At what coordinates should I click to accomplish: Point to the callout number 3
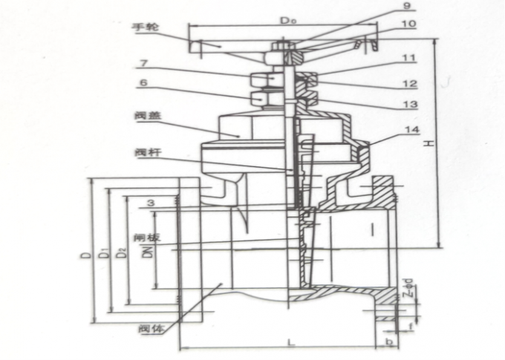point(151,201)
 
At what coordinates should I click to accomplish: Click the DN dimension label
point(149,252)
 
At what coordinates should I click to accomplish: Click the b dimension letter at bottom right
point(389,342)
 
